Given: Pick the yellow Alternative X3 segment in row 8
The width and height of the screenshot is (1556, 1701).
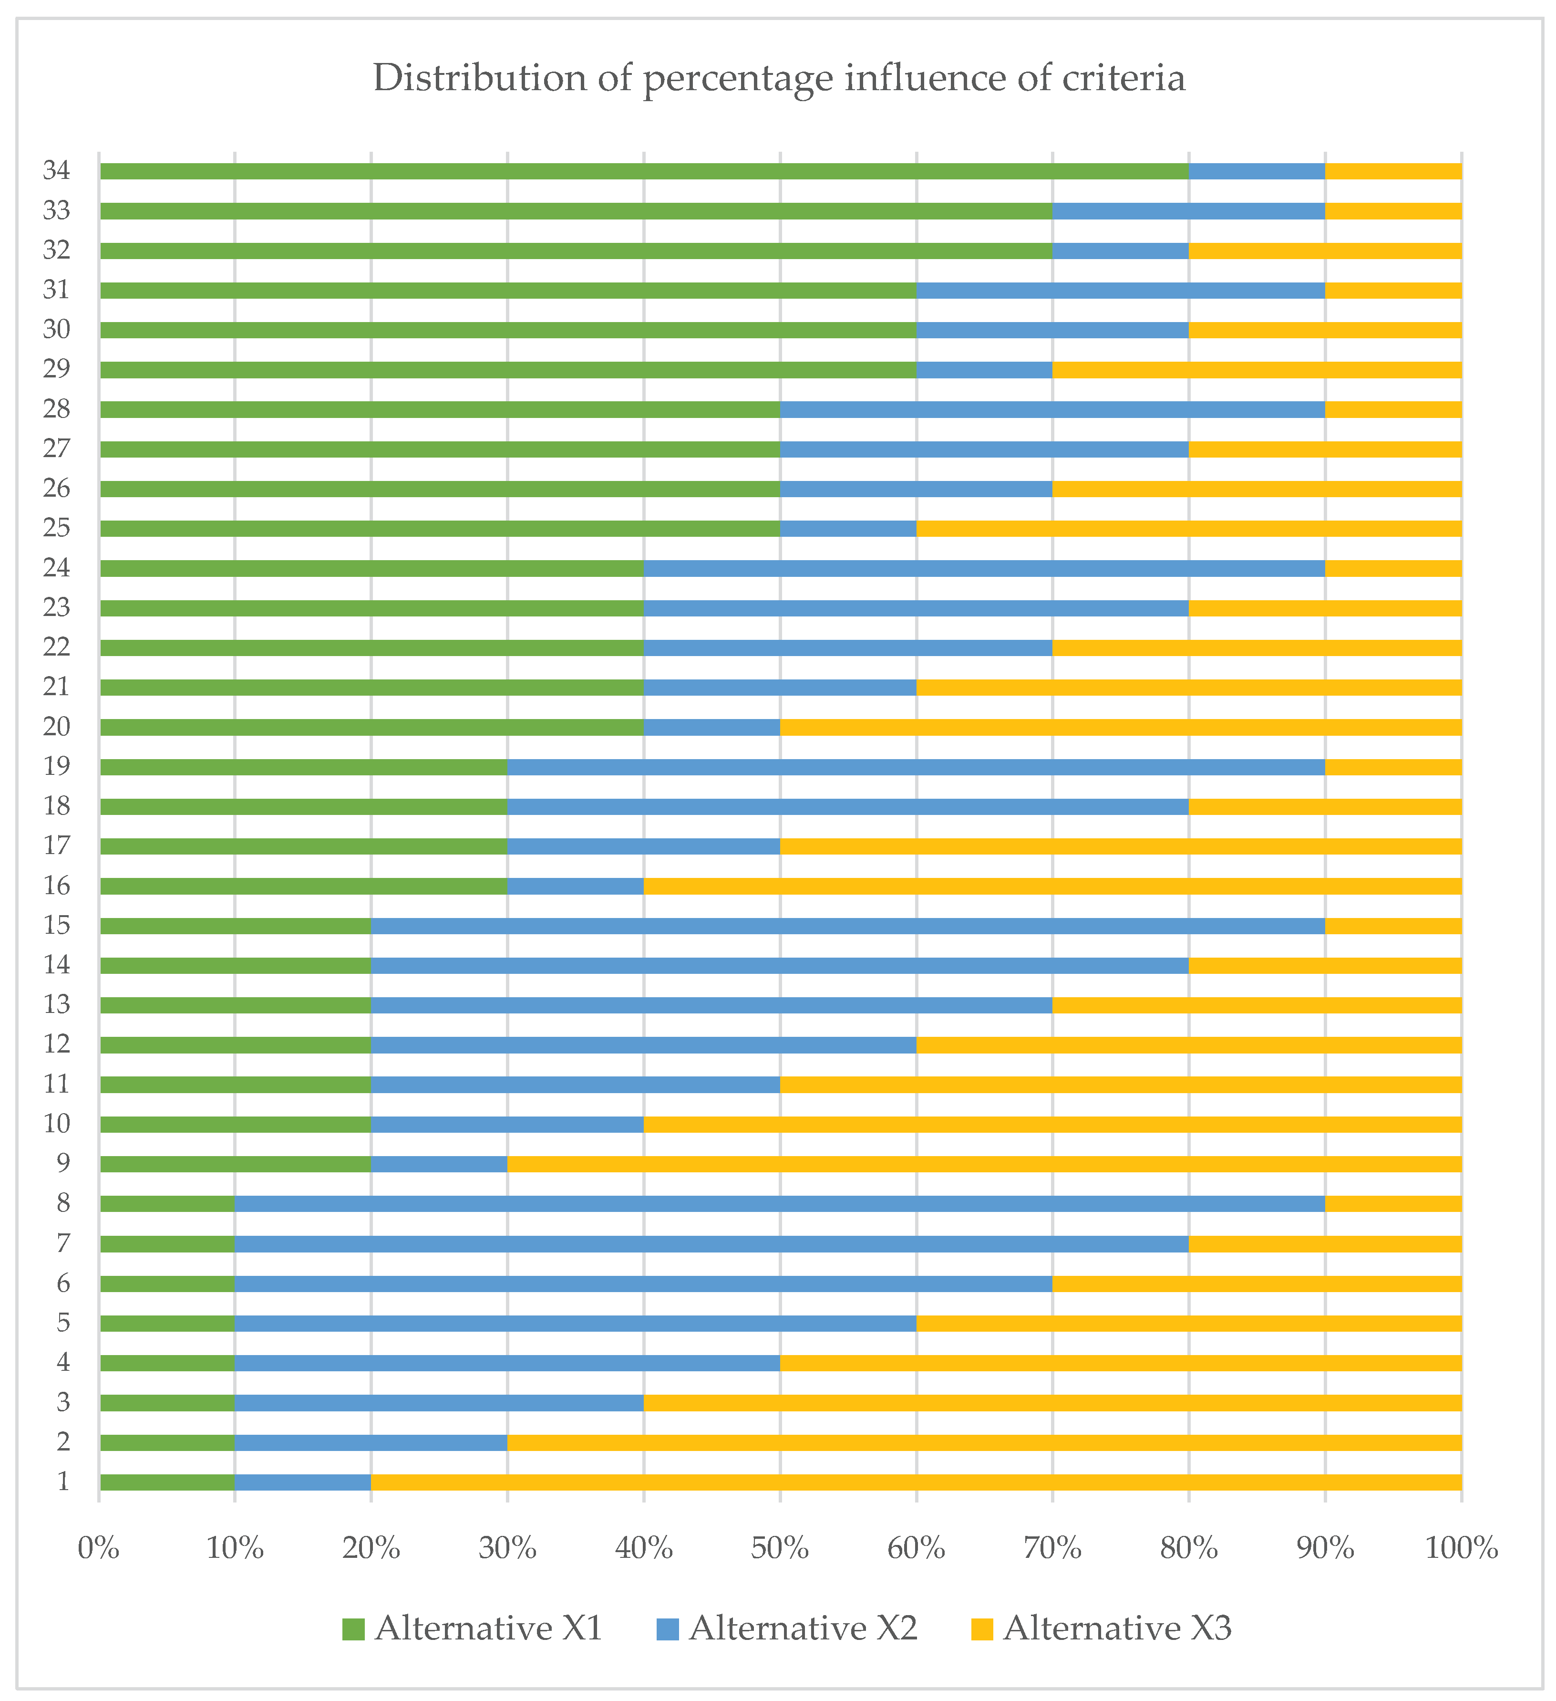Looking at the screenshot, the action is tap(1393, 1204).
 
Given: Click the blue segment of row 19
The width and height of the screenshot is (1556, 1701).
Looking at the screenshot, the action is tap(916, 767).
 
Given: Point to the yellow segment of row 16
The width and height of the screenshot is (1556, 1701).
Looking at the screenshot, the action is tap(1052, 886).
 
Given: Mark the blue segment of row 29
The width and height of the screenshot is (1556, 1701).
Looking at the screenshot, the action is tap(984, 370).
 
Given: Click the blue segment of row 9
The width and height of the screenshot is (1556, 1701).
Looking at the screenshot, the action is tap(439, 1164).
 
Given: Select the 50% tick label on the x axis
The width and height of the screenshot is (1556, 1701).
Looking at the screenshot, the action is tap(780, 1548).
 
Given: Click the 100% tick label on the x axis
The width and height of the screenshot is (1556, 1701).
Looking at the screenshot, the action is tap(1462, 1548).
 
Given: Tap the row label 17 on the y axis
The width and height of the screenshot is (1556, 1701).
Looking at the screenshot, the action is tap(56, 845).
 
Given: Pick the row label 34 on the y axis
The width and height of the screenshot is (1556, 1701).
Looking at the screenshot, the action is tap(56, 170).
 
